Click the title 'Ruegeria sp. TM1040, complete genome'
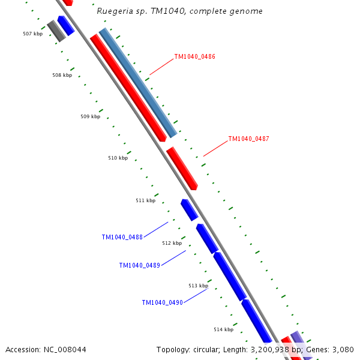tap(179, 11)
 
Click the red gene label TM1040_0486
tap(194, 56)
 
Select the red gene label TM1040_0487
tap(248, 139)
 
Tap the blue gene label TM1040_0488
tap(122, 237)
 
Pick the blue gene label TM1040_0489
tap(139, 265)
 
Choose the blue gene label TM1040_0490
tap(162, 302)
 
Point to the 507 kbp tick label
tap(32, 34)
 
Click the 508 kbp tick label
tap(62, 75)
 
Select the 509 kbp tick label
tap(90, 116)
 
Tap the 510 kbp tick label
tap(118, 158)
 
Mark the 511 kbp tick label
tap(145, 200)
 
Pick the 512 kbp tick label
tap(172, 243)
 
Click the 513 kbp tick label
tap(198, 286)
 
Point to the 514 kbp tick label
tap(223, 329)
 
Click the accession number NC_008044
tap(46, 349)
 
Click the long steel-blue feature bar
tap(138, 83)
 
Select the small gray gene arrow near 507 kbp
tap(56, 31)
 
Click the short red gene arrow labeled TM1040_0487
tap(182, 168)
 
